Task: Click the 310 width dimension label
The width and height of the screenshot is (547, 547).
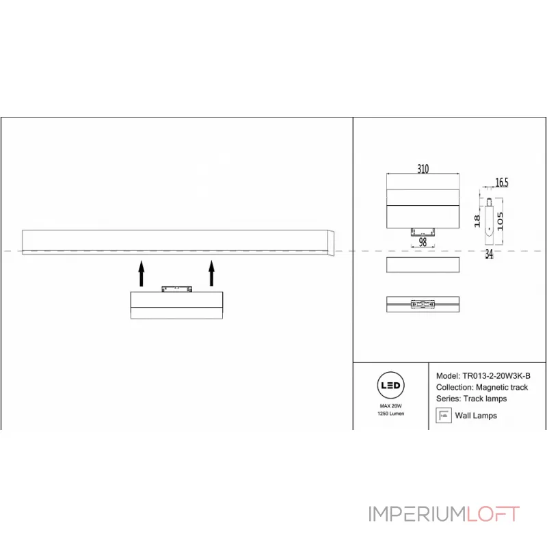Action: pos(423,169)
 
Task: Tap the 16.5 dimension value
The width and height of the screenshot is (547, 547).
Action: pos(502,182)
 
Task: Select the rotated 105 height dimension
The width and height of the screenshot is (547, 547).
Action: pos(501,221)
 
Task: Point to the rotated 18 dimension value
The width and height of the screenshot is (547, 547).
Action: pos(477,221)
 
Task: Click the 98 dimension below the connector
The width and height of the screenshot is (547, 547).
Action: pos(423,242)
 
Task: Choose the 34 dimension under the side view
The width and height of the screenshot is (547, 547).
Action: pos(489,254)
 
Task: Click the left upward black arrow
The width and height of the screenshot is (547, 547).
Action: pos(142,273)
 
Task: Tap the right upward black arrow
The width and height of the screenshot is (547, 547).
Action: pos(211,273)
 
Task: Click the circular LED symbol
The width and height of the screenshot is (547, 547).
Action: pos(390,385)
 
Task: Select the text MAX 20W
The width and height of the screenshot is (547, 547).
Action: pos(390,406)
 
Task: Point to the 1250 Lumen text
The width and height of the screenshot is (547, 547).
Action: pos(390,414)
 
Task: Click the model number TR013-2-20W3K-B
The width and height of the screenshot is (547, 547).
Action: pos(496,375)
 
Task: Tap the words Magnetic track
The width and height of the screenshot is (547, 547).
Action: pos(502,387)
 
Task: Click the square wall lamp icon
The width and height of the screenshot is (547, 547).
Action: pos(444,415)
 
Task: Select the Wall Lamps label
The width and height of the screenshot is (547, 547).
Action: pos(476,416)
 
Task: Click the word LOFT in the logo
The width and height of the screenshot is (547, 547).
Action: pos(493,514)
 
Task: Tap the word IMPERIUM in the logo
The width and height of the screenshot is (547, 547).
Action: pos(417,514)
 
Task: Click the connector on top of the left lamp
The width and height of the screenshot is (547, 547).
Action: pos(176,289)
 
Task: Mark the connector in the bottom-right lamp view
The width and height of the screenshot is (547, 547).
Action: pos(423,304)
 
